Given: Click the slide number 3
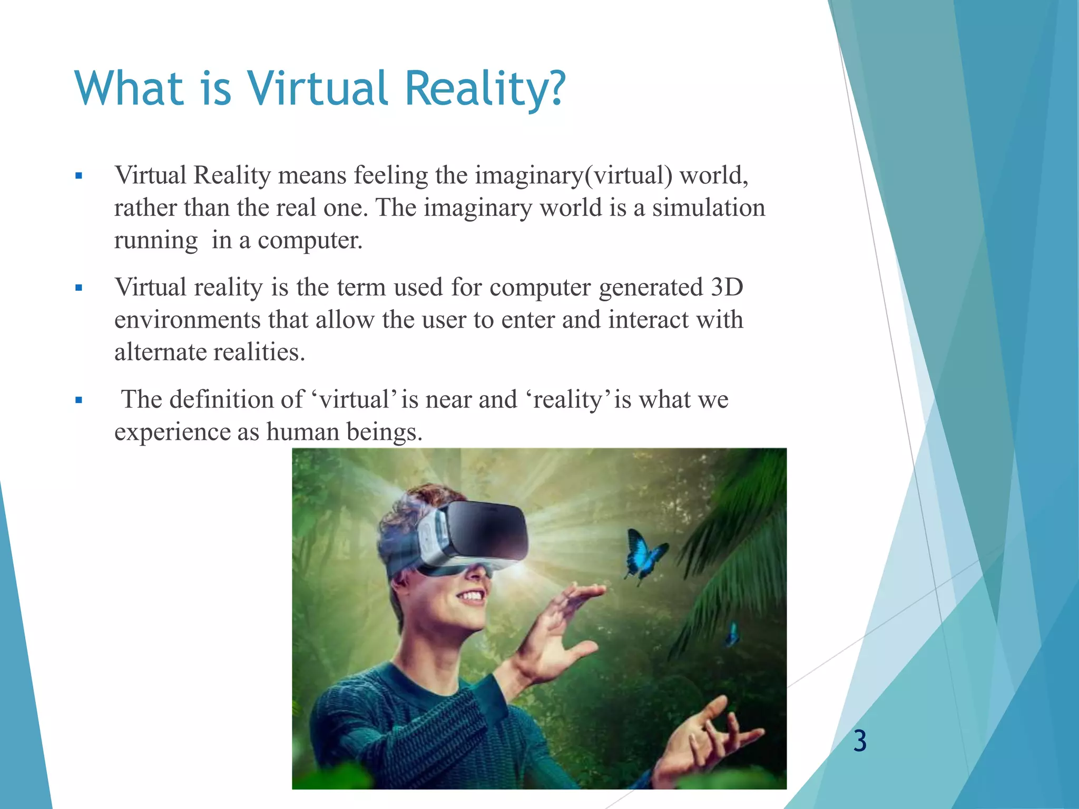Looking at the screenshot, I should [x=860, y=742].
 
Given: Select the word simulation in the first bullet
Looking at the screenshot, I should [x=709, y=208].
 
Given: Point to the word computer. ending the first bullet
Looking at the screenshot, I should [x=310, y=241].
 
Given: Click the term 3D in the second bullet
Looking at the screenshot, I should [x=727, y=288].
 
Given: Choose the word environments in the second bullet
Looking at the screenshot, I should [x=187, y=320].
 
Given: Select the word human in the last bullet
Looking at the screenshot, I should [x=302, y=432].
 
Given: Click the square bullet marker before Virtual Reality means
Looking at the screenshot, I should [x=79, y=176].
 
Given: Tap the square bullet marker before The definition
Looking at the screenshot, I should [x=79, y=400].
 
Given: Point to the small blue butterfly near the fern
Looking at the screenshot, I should [x=732, y=634].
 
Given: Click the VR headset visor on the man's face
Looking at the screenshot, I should [x=487, y=532].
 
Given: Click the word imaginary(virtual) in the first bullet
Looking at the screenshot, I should [x=573, y=175].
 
